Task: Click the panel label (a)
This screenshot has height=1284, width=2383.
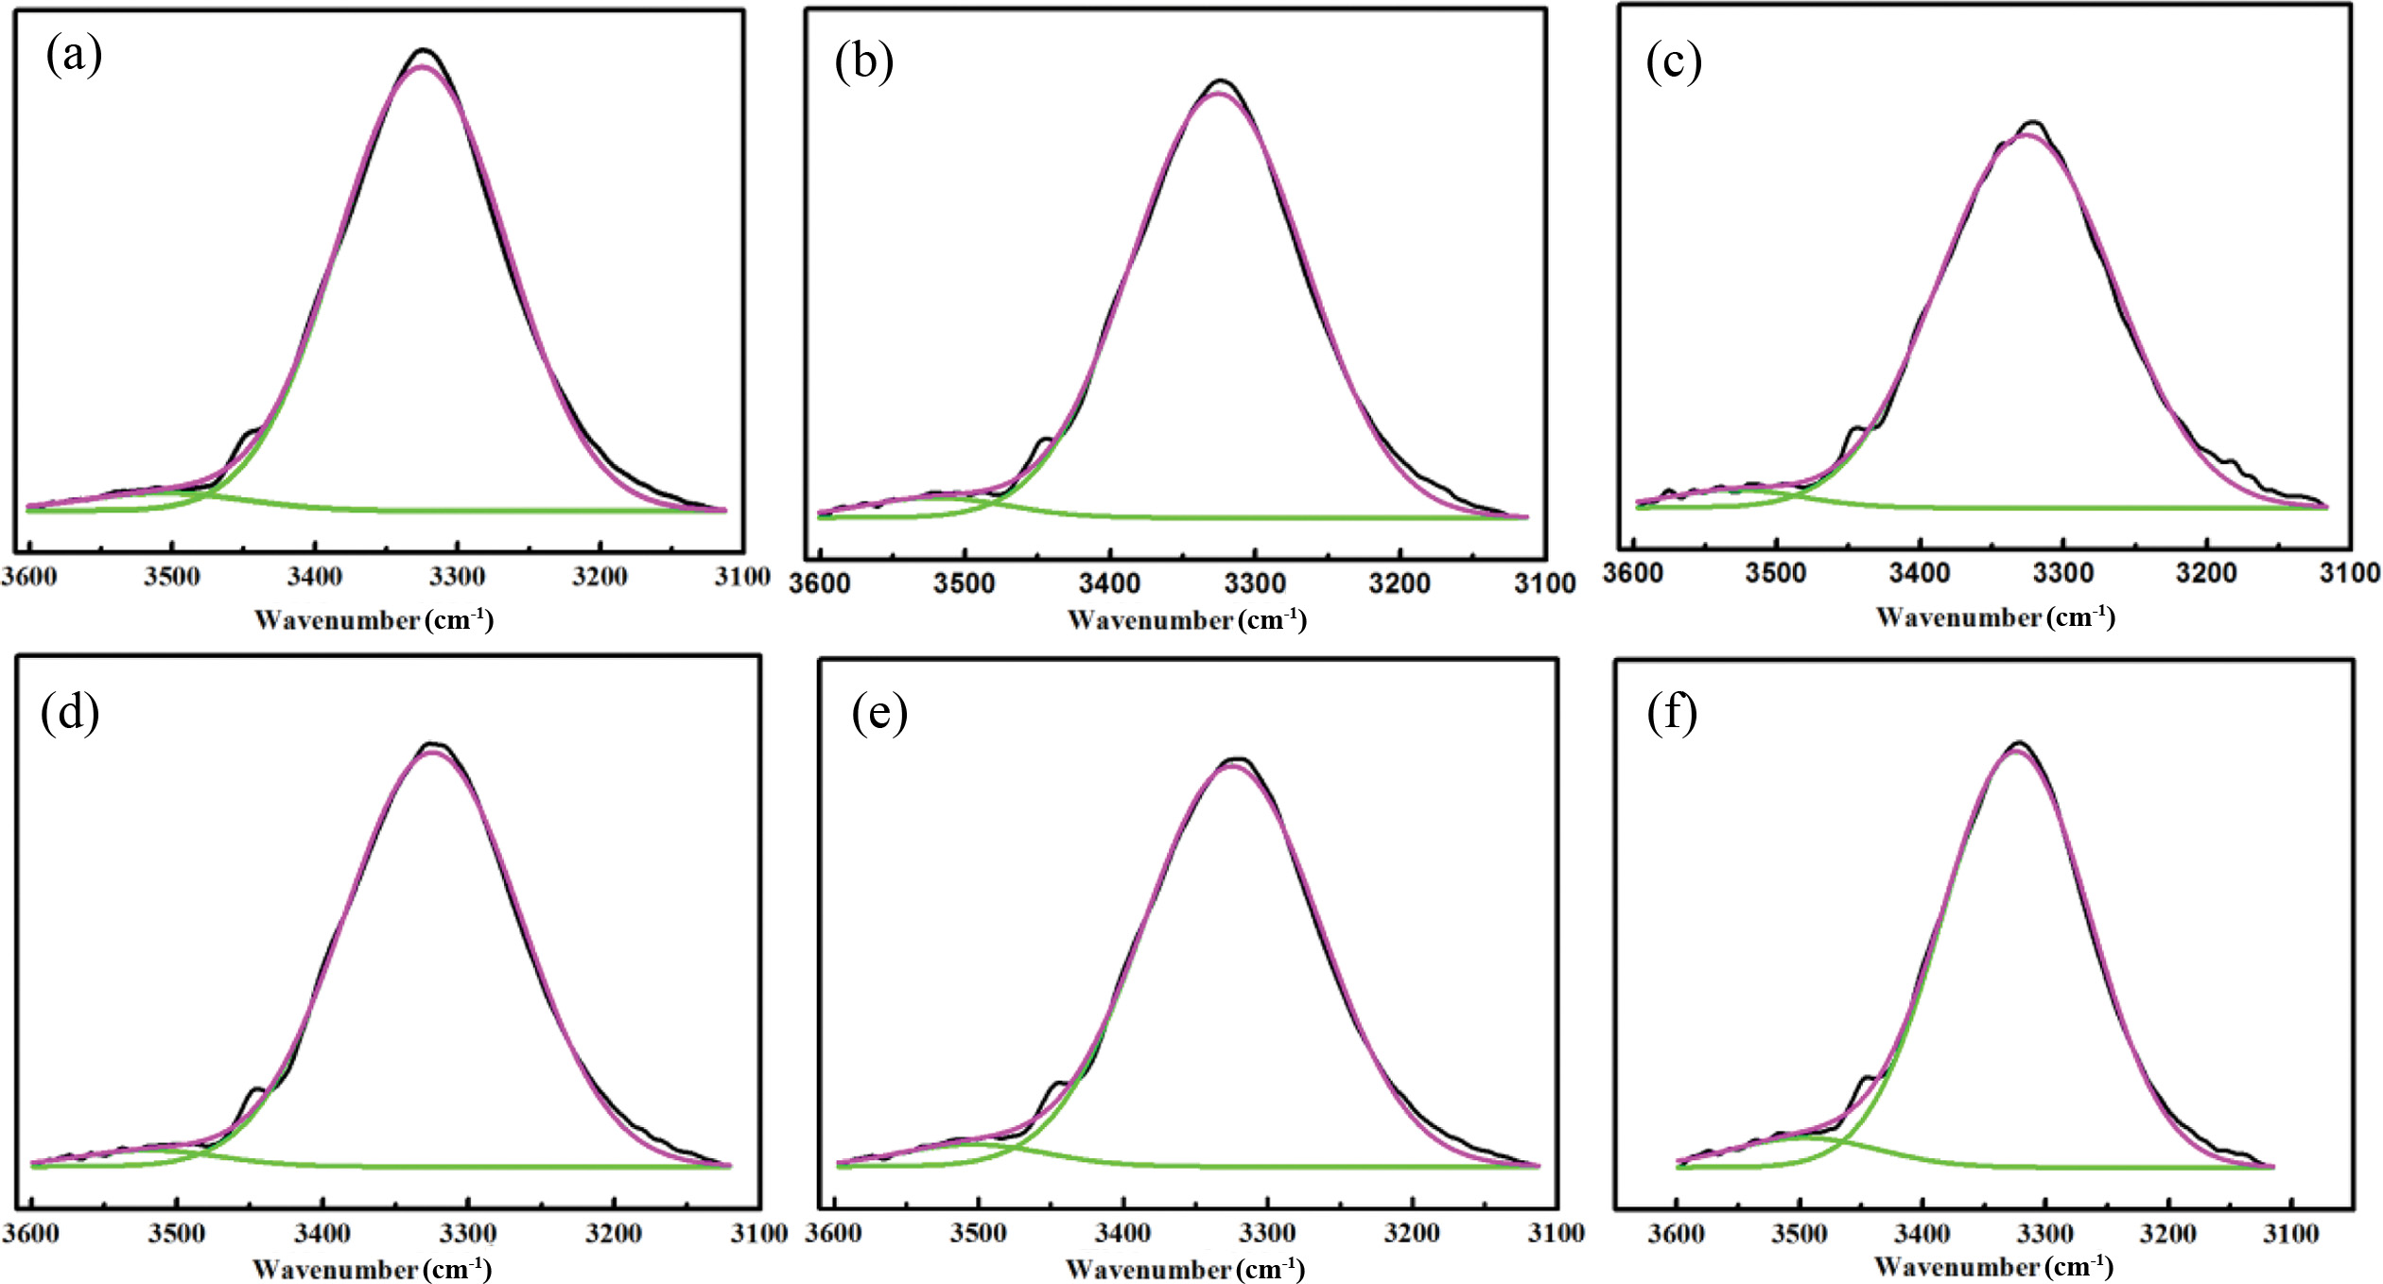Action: pos(74,56)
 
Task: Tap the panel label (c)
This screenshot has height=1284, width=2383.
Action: pos(1673,62)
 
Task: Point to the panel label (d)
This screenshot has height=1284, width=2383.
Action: pos(69,713)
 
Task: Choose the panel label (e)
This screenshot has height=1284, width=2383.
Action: pos(878,713)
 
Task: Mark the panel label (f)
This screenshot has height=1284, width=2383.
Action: pos(1671,713)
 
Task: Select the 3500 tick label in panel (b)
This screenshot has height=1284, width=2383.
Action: pos(964,582)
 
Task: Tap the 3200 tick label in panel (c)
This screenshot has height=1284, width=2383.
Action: pos(2206,572)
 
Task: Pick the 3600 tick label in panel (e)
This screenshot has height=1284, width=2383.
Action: pos(833,1233)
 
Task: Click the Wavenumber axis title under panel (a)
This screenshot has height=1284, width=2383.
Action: pos(374,620)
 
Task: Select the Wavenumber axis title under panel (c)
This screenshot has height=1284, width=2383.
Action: pos(1995,617)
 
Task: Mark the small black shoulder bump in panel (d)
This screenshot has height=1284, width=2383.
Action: pos(256,1090)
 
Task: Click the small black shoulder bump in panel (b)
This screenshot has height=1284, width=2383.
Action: pos(1044,440)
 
